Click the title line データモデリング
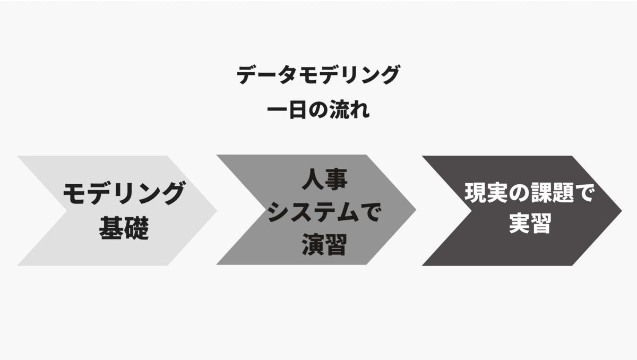tap(317, 76)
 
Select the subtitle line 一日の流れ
tap(317, 112)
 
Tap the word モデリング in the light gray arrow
tap(124, 194)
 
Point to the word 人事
tap(324, 181)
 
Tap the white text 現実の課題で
tap(529, 194)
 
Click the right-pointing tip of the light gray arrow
tap(216, 210)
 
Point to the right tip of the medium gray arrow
tap(415, 209)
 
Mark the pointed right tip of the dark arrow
tap(621, 210)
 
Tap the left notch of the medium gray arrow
tap(265, 209)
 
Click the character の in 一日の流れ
tap(317, 112)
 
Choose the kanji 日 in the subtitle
tap(297, 112)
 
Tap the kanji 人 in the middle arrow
tap(312, 181)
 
